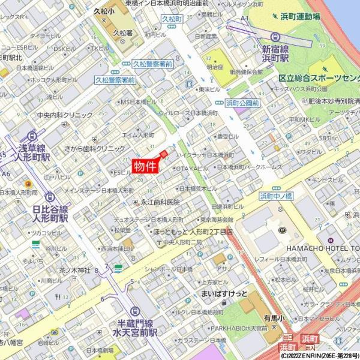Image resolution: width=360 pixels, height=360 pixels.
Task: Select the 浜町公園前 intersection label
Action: tap(242, 103)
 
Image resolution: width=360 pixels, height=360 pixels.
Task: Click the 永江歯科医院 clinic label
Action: tap(160, 202)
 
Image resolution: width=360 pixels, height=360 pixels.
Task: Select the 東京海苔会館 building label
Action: tap(220, 220)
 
